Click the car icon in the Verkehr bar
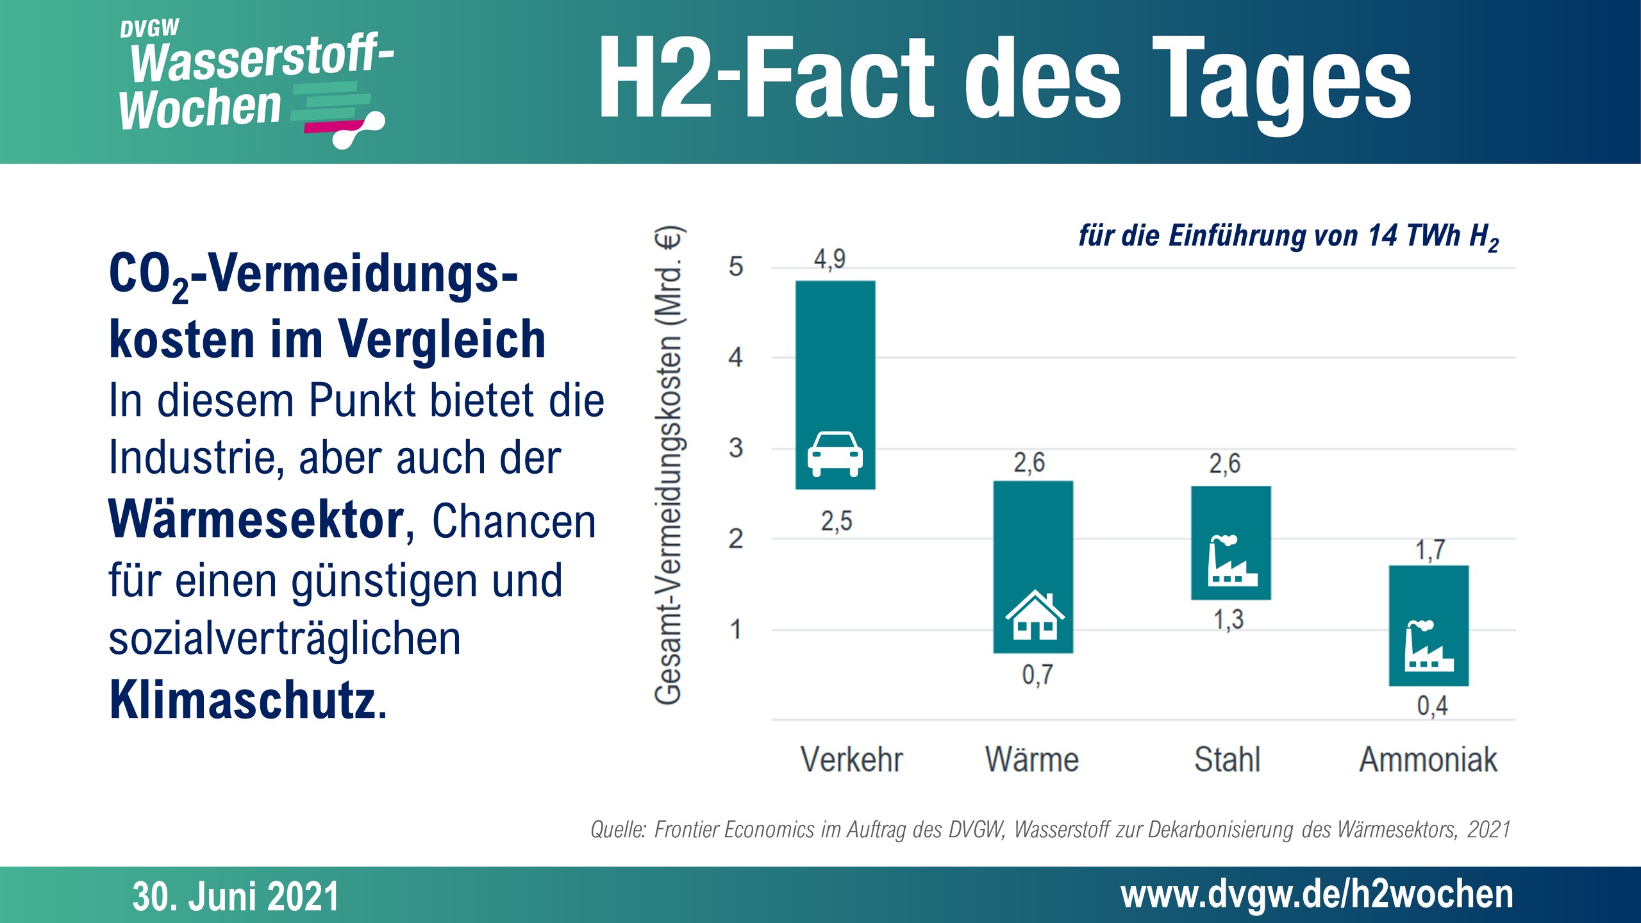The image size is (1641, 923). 835,454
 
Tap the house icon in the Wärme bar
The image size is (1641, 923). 1034,615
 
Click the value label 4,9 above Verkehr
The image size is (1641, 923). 829,260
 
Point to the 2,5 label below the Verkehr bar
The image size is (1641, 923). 837,522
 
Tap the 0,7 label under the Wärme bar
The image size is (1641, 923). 1037,675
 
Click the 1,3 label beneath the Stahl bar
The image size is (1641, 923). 1228,620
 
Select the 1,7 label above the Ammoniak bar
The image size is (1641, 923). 1430,550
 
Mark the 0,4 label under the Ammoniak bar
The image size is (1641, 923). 1432,706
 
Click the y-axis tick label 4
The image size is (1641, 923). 735,358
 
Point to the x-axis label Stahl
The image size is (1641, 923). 1227,760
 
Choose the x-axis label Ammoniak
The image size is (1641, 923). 1428,760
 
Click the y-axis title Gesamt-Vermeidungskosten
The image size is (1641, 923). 669,465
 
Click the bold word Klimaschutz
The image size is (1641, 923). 243,701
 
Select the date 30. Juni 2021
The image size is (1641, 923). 235,896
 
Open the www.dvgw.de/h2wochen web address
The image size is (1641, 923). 1317,895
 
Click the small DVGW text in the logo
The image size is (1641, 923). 149,29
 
